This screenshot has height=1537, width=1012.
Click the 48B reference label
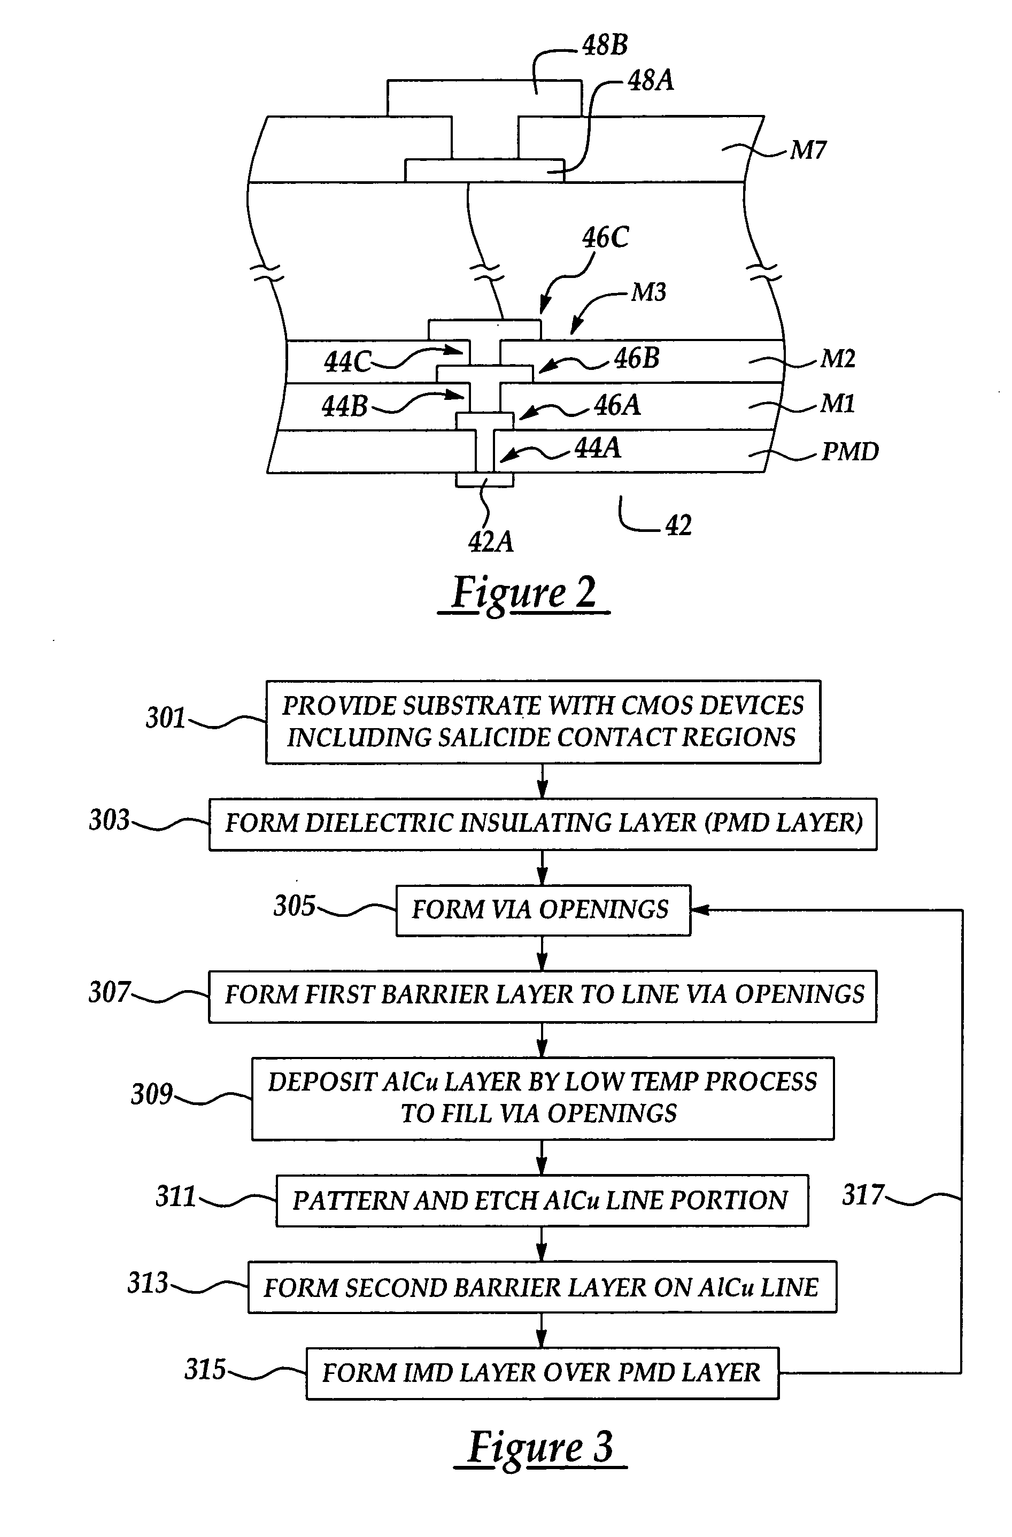[605, 45]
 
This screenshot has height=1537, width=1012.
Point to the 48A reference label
[651, 81]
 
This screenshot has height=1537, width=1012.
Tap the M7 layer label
[808, 150]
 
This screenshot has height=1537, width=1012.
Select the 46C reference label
[605, 238]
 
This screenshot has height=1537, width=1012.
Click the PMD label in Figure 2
[850, 451]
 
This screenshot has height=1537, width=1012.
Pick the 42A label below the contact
[491, 541]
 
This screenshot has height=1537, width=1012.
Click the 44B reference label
[344, 407]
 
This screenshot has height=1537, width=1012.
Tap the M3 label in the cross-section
[648, 292]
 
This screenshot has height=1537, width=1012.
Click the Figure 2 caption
[524, 592]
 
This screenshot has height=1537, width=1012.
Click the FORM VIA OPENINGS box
[543, 909]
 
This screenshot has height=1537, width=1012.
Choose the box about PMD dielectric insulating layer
[543, 823]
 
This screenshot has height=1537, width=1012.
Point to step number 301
[165, 718]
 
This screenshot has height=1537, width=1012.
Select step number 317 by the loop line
[862, 1195]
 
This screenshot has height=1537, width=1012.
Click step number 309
[152, 1094]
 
